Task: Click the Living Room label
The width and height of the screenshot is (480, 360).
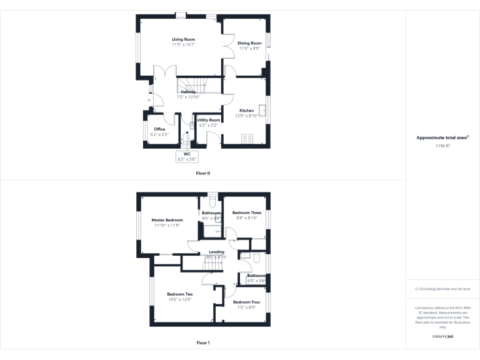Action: coord(184,39)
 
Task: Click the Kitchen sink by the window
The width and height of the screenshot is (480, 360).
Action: coord(264,111)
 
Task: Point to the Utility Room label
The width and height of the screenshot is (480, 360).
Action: coord(209,120)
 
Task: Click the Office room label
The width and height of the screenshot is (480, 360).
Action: coord(159,129)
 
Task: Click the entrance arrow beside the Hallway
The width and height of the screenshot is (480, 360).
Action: coord(149,99)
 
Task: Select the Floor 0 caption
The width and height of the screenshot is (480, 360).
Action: coord(203,172)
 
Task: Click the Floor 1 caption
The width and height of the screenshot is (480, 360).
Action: coord(203,342)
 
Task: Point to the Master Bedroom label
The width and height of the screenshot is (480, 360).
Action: coord(167,220)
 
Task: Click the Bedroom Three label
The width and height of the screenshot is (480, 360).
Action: coord(246,213)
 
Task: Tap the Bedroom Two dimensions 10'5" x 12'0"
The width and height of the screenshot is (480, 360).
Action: coord(179,299)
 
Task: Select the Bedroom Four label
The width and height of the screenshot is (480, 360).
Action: coord(247,302)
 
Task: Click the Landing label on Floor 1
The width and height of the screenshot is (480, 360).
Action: coord(216,252)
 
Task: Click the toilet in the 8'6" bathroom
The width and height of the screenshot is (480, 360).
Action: coord(212,201)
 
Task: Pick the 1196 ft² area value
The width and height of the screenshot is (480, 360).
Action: coord(442,145)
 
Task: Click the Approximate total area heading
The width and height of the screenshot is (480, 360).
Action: coord(442,137)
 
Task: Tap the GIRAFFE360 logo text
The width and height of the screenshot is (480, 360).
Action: coord(442,337)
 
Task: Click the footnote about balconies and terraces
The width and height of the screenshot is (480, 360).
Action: coord(442,289)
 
